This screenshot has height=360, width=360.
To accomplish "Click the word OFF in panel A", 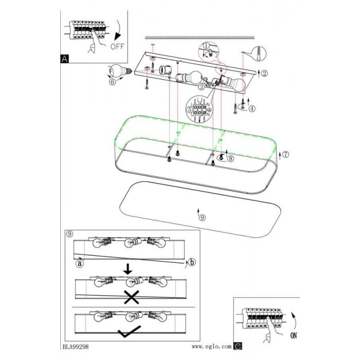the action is [117, 47].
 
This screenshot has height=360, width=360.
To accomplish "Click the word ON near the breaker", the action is [294, 336].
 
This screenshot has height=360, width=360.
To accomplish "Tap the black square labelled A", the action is [64, 59].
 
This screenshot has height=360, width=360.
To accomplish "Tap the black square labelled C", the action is [238, 346].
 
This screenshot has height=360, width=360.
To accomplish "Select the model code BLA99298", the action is [76, 347].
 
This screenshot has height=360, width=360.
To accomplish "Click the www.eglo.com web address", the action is [211, 347].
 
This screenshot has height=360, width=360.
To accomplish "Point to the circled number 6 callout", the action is [112, 82].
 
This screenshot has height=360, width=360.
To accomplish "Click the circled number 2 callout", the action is [264, 74].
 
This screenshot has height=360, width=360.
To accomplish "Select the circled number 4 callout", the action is [252, 109].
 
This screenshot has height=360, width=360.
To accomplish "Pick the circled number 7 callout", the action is [285, 154].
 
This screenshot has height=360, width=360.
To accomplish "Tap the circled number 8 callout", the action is [230, 158].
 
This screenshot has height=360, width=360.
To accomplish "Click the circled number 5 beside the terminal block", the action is [190, 110].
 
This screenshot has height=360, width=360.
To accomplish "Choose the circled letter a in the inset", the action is [80, 263].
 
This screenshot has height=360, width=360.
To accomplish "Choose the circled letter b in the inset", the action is [192, 262].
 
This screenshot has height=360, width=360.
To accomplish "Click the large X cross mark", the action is [131, 297].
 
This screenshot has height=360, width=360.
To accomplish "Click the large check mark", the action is [129, 331].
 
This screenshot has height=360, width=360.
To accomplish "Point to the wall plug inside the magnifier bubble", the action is [259, 53].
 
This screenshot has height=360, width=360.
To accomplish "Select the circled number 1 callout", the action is [206, 45].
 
